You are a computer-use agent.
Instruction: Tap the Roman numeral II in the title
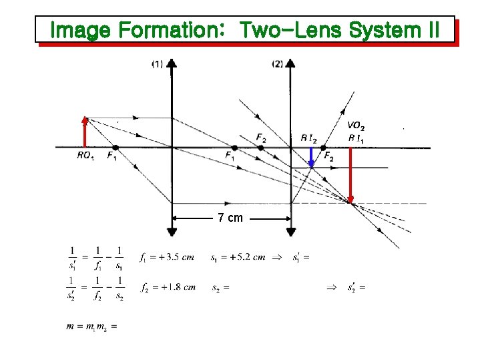[x=431, y=30]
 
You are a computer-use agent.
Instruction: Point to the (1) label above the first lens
[x=157, y=64]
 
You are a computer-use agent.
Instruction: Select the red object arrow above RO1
[x=85, y=132]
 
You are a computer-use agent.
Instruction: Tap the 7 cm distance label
[x=230, y=218]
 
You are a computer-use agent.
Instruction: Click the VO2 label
[x=356, y=126]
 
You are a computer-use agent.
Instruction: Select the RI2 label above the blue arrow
[x=308, y=138]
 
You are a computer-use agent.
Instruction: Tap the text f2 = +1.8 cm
[x=168, y=287]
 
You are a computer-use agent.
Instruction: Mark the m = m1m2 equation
[x=91, y=327]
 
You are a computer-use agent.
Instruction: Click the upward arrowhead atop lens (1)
[x=172, y=64]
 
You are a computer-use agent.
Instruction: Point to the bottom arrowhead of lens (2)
[x=290, y=231]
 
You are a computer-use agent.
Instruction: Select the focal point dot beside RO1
[x=115, y=148]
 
